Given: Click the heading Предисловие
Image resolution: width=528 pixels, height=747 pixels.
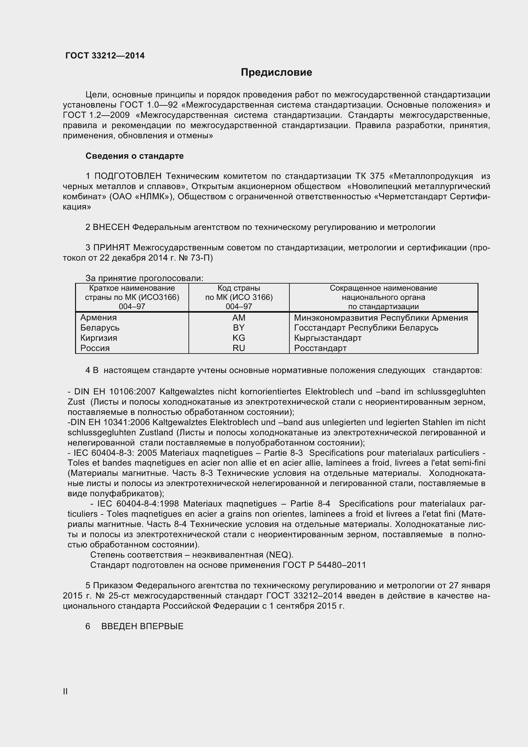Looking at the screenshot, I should tap(276, 72).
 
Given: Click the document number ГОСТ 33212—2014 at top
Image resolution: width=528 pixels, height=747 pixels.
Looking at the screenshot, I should tap(105, 56).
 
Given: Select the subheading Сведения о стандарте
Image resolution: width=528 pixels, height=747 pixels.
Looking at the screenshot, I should tap(134, 156).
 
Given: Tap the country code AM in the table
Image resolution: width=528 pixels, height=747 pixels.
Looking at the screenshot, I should tap(239, 317).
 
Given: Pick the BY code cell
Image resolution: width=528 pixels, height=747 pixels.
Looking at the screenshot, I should tap(239, 328).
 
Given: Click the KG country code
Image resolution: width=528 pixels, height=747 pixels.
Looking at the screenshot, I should tap(239, 338).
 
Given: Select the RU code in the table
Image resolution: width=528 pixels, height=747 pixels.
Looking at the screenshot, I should tap(239, 348).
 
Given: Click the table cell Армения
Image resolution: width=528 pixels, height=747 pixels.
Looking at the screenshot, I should tap(98, 317).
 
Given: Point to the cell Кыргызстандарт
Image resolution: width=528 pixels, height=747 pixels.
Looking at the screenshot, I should tap(328, 338).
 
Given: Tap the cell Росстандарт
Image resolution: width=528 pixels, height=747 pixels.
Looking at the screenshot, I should tap(320, 348).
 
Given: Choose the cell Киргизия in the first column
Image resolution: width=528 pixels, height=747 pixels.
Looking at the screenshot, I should tap(99, 338).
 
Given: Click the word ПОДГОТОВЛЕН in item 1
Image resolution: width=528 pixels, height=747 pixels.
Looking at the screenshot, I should tap(128, 176).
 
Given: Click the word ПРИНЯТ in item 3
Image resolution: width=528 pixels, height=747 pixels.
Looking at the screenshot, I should tap(112, 248).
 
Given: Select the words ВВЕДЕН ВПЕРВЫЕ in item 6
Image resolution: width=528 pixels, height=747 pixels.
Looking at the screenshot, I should tap(142, 626).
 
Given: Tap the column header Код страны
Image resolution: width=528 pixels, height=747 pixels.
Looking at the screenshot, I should tap(239, 288).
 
